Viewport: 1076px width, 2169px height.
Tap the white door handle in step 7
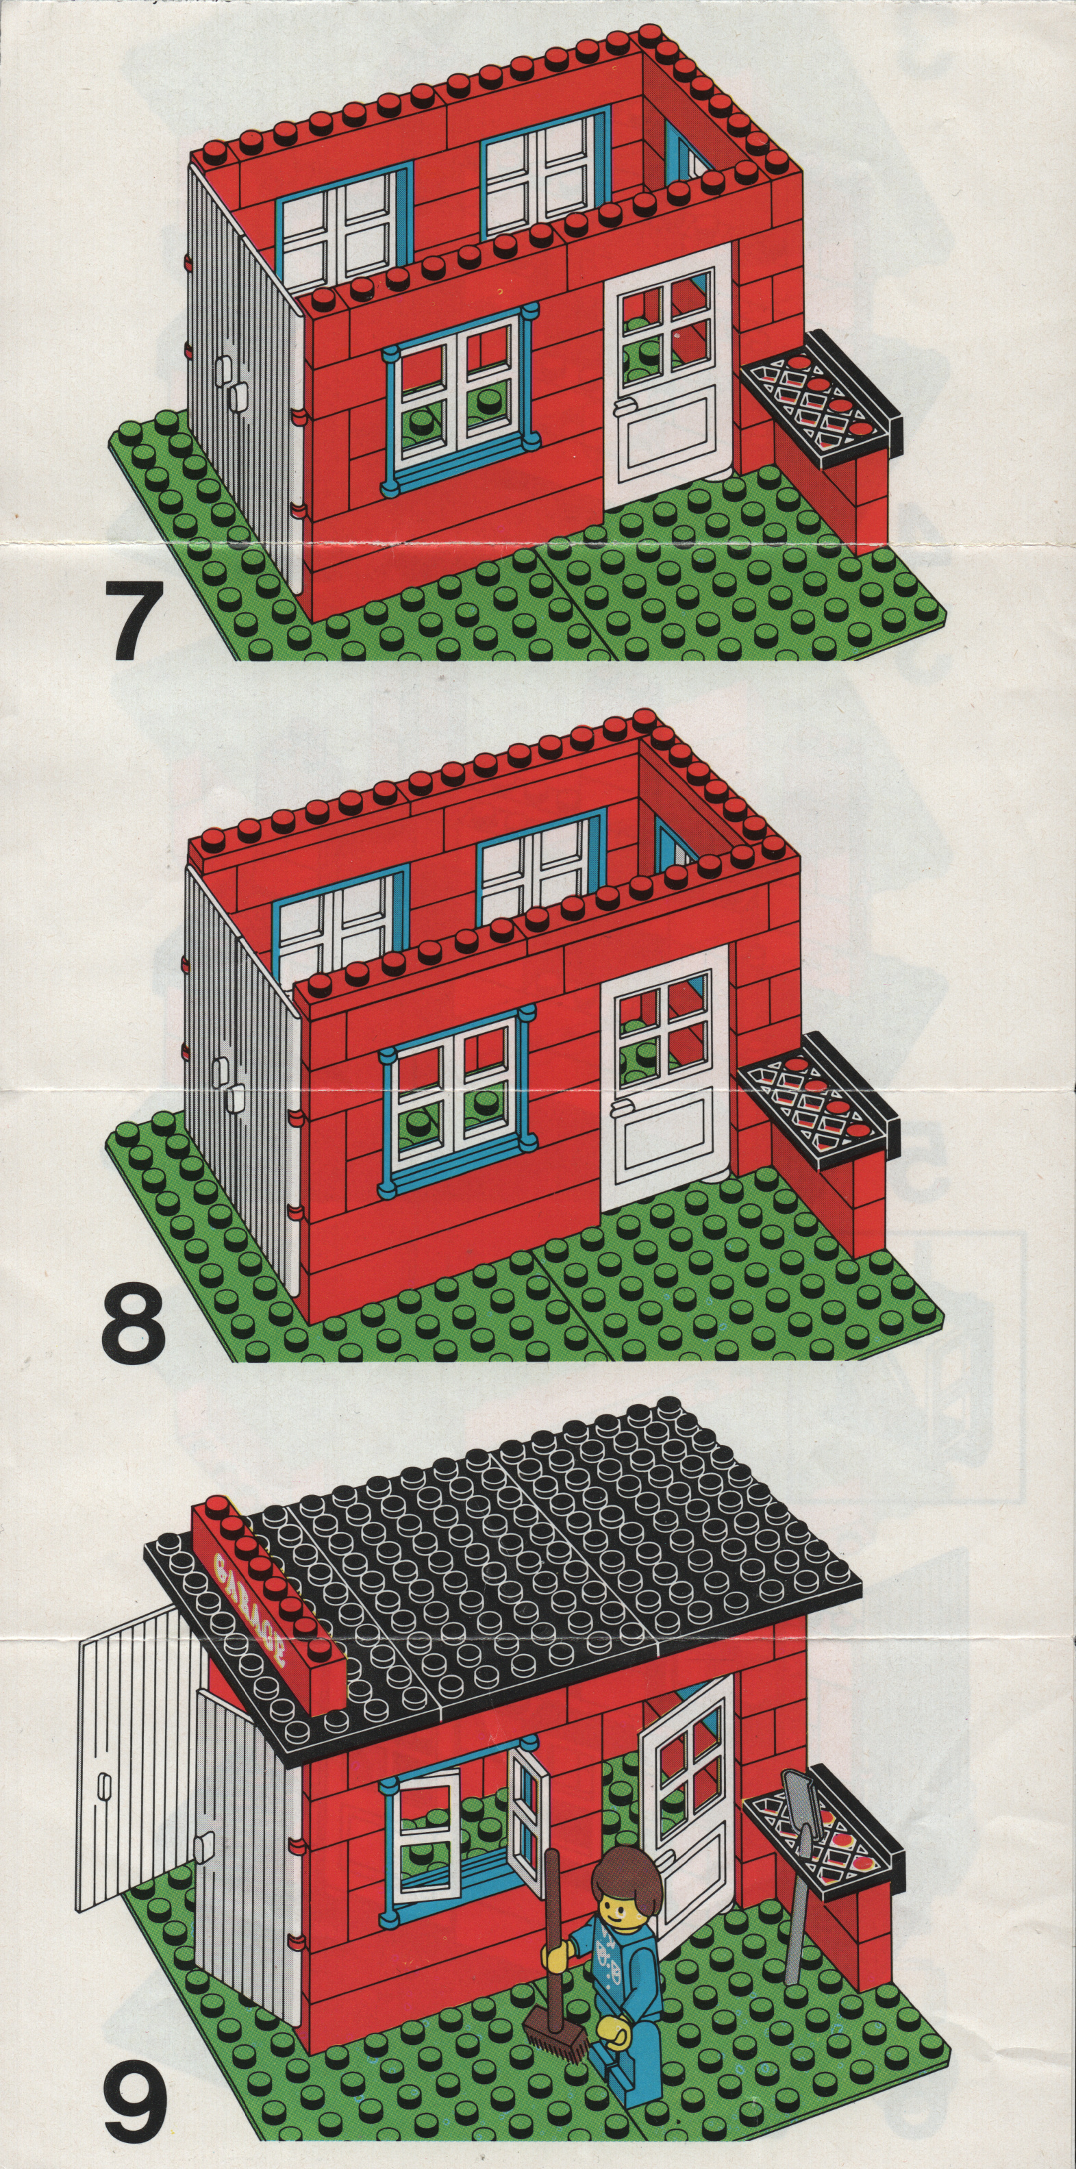(x=625, y=408)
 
